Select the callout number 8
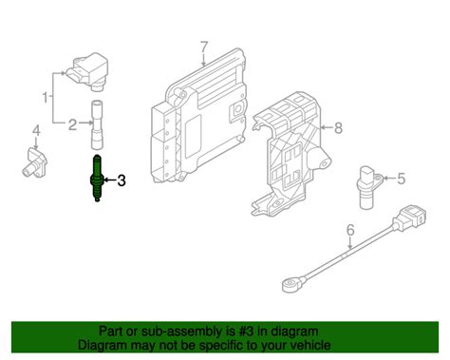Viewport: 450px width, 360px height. coord(339,124)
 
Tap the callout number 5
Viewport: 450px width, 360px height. coord(401,178)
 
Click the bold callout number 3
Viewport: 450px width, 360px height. coord(120,180)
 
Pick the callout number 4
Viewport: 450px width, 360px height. coord(36,129)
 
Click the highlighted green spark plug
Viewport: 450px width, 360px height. coord(97,179)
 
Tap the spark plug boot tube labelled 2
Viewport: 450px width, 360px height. coord(96,123)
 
